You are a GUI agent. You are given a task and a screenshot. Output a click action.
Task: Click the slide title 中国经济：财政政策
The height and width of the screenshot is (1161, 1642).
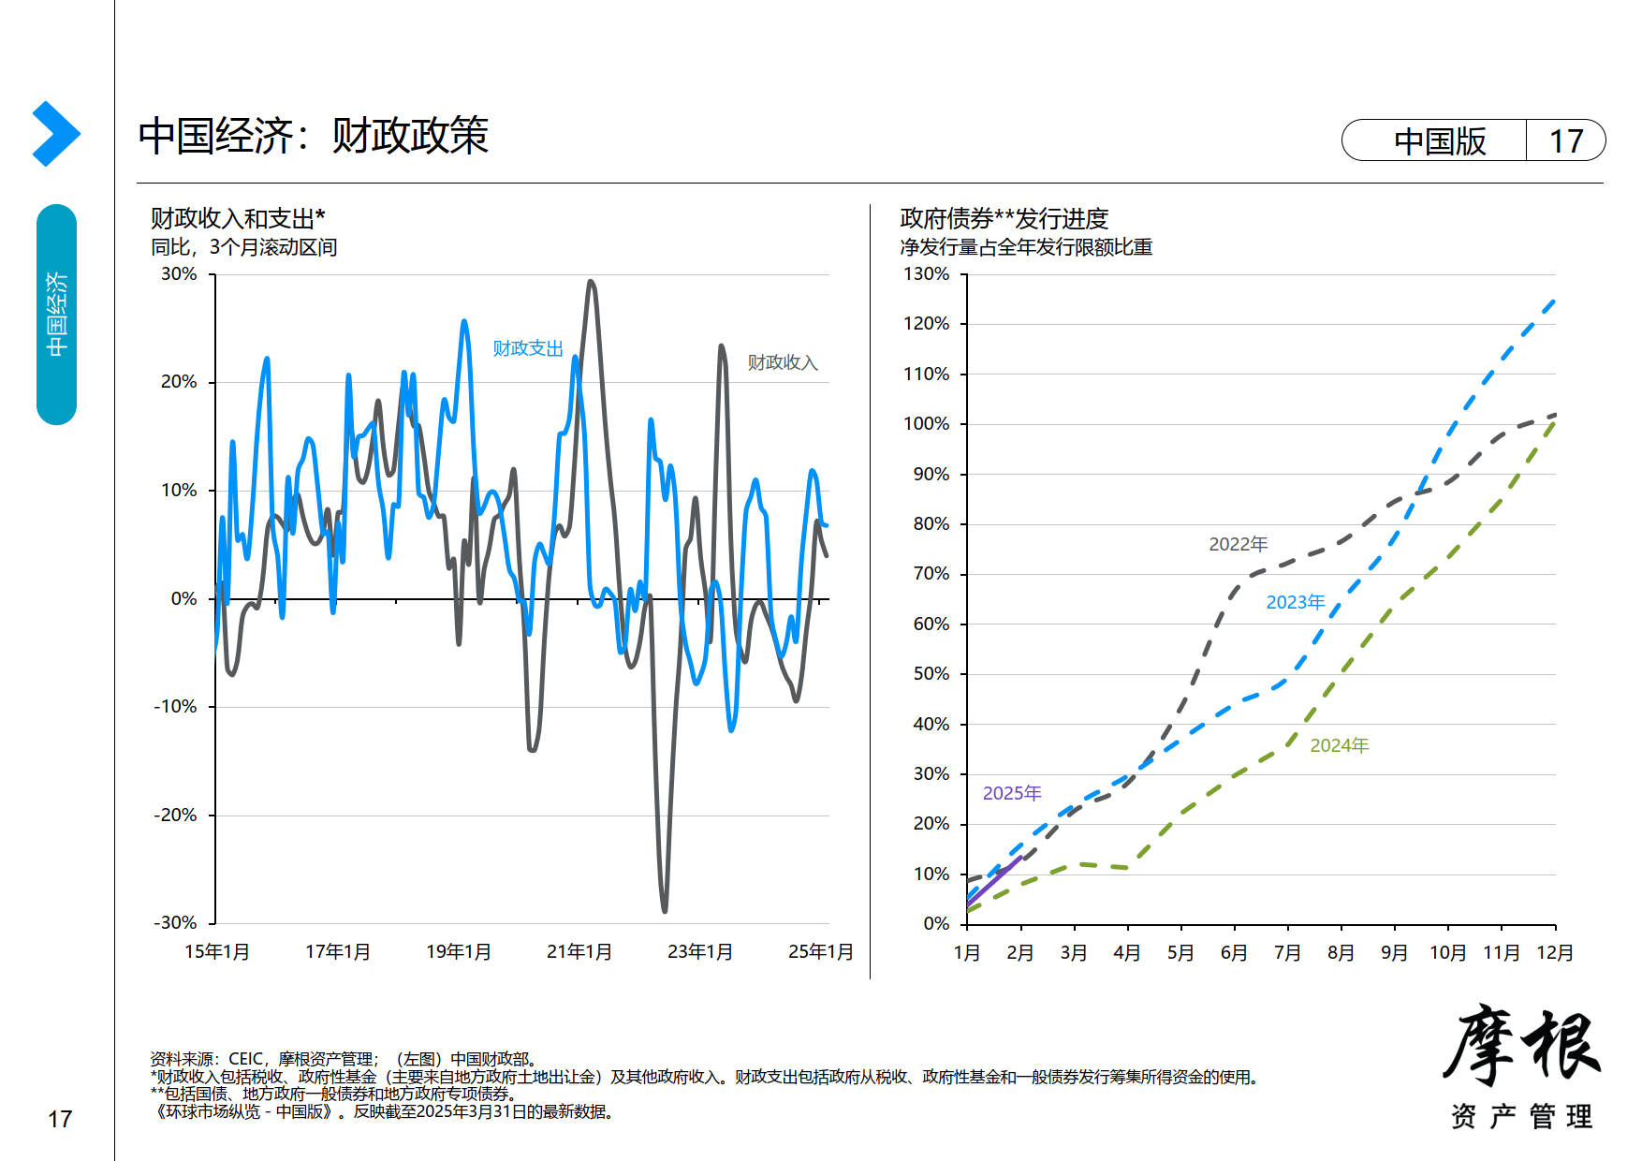(x=313, y=136)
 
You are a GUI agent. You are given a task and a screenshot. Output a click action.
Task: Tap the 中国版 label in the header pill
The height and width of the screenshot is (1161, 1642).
(x=1439, y=141)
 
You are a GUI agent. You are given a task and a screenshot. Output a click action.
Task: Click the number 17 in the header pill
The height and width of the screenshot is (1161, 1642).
(x=1565, y=141)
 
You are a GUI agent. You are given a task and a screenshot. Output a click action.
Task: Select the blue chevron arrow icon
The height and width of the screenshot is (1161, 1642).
(x=55, y=134)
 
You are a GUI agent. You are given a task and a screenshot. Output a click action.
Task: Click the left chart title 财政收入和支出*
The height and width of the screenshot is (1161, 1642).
(x=238, y=218)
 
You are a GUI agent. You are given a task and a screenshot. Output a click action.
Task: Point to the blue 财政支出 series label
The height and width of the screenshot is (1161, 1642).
(x=528, y=348)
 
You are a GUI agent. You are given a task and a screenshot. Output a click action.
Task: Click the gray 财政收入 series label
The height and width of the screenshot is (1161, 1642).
(x=783, y=362)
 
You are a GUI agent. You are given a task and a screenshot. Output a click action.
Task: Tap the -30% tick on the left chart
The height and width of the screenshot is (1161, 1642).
(x=175, y=922)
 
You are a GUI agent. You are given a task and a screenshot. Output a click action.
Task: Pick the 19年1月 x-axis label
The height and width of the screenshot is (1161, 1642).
(x=458, y=951)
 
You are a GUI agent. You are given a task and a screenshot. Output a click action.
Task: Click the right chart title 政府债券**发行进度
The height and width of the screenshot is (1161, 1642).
(x=1004, y=218)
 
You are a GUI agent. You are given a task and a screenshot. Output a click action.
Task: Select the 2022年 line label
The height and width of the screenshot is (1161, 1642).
(x=1238, y=544)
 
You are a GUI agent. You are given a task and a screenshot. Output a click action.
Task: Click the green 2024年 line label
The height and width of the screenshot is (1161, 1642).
(x=1339, y=745)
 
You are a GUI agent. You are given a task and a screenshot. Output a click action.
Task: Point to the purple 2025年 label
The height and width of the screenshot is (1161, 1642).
(x=1011, y=793)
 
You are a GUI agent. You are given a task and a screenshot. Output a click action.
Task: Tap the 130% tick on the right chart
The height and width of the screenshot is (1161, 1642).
(x=926, y=274)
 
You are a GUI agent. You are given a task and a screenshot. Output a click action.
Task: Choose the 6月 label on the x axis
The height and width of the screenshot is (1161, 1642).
(x=1234, y=952)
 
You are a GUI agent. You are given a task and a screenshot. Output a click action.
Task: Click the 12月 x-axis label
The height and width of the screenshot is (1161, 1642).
(x=1554, y=952)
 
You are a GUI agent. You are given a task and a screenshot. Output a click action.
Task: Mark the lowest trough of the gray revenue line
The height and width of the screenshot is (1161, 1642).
(x=665, y=909)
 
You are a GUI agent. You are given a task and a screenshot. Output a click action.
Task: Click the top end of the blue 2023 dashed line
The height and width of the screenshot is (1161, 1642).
(x=1554, y=301)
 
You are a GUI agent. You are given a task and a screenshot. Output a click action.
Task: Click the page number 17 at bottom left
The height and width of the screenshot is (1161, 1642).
(x=60, y=1119)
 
